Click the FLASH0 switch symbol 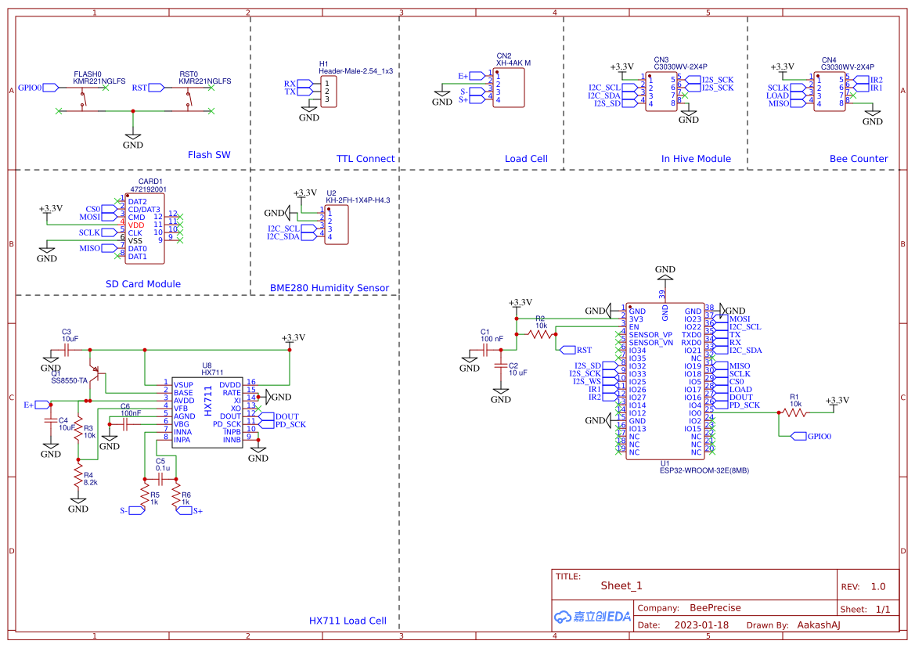[84, 99]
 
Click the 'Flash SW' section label [209, 155]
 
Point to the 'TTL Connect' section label [366, 159]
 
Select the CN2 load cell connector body [508, 86]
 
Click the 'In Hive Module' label [696, 159]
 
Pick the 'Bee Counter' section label [859, 159]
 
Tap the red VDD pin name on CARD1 [136, 225]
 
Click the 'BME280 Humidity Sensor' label [330, 288]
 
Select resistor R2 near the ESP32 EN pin [541, 334]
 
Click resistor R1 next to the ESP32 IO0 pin [794, 412]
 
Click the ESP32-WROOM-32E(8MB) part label [704, 470]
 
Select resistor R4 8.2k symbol [77, 475]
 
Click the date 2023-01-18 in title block [701, 625]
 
